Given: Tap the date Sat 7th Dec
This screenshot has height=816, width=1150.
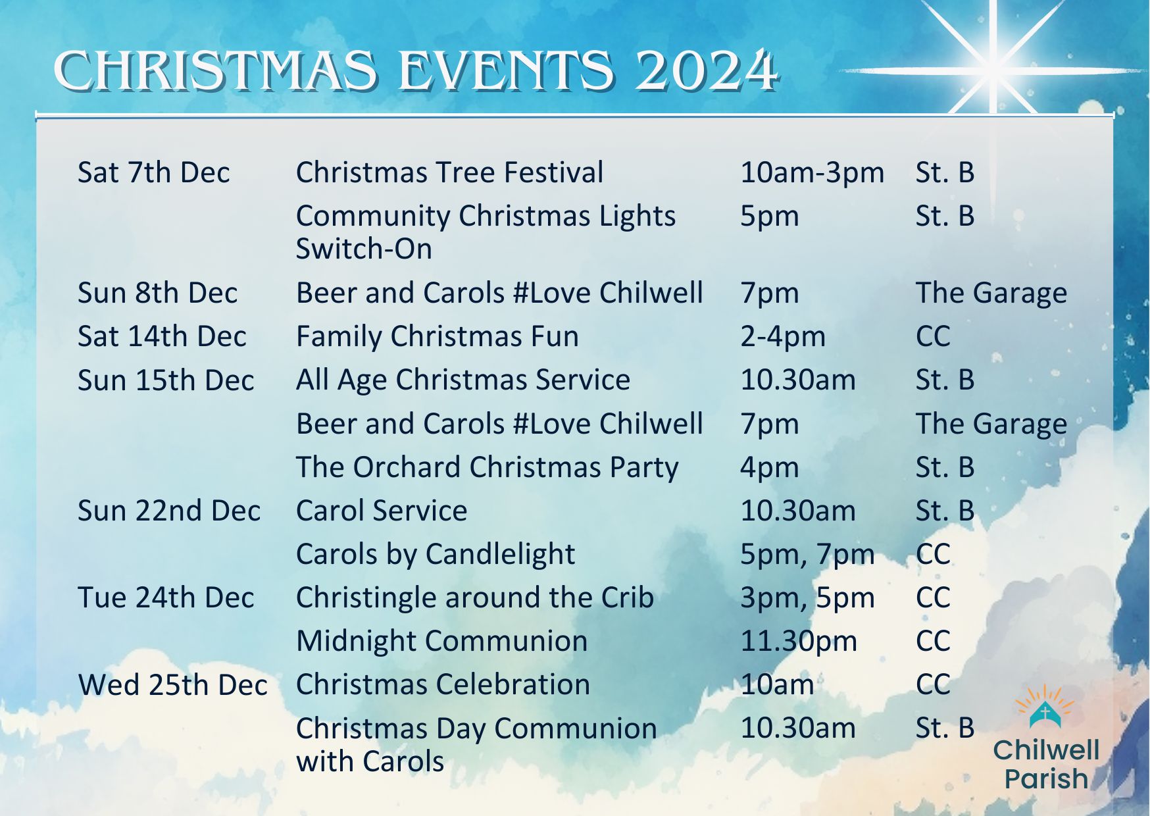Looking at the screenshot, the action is coord(154,172).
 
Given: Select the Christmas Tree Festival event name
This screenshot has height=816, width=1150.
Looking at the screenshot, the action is coord(449,172).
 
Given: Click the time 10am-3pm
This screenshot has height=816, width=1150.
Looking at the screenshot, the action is coord(813,173).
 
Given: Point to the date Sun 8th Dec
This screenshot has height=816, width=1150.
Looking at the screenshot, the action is coord(157,293).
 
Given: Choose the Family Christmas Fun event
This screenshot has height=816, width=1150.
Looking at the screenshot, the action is coord(438,336).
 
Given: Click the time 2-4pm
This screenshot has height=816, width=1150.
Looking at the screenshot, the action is coord(783,337).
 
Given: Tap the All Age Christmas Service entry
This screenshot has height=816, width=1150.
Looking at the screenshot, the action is coord(463,380).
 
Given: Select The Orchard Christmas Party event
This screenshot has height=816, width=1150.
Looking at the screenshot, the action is coord(487,467).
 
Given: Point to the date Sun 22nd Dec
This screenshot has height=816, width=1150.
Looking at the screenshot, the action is coord(169,511).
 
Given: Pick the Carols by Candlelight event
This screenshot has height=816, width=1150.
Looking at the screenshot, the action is coord(436,555).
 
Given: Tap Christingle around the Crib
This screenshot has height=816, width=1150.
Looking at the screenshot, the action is coord(475,598).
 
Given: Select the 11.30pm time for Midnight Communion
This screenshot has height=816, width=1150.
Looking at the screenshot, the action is coord(799,642).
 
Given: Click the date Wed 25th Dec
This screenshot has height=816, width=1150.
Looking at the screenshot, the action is coord(173,685).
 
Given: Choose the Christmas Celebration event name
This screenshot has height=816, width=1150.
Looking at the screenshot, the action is coord(443,684).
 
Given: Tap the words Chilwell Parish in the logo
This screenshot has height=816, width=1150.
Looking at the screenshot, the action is coord(1046,764).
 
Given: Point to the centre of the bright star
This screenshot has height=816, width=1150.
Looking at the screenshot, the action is coord(994,68).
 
